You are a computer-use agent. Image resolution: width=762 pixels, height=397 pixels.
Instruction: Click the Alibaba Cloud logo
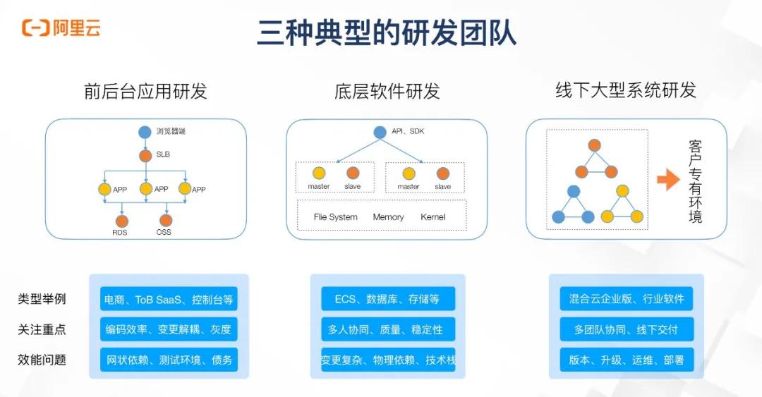[x=61, y=28]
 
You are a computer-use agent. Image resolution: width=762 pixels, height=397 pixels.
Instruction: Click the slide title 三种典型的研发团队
[x=387, y=32]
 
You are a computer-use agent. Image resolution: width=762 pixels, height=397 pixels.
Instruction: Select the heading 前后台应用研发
[x=145, y=92]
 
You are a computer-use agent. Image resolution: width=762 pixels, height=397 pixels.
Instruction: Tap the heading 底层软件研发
[x=387, y=92]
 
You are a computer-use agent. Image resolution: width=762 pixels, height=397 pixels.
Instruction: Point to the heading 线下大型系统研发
[x=626, y=90]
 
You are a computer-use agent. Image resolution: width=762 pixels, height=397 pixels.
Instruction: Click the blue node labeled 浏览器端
[x=145, y=132]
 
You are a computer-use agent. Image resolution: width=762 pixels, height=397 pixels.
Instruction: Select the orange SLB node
[x=145, y=154]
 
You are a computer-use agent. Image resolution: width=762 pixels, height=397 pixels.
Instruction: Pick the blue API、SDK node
[x=380, y=132]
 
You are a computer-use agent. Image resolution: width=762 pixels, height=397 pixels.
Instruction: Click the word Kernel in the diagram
[x=433, y=217]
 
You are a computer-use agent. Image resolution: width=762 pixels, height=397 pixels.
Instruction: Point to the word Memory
[x=388, y=217]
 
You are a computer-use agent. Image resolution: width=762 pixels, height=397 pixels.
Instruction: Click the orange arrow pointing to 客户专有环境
[x=667, y=180]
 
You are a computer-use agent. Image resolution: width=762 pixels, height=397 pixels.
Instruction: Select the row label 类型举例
[x=42, y=299]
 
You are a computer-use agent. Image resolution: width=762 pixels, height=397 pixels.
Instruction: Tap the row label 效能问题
[x=42, y=360]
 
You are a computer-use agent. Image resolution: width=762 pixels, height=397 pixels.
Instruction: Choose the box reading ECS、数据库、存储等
[x=387, y=299]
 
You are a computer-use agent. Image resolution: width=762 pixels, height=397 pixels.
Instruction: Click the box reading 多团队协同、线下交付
[x=627, y=329]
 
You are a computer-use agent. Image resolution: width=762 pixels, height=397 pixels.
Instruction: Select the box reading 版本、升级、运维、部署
[x=627, y=360]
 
